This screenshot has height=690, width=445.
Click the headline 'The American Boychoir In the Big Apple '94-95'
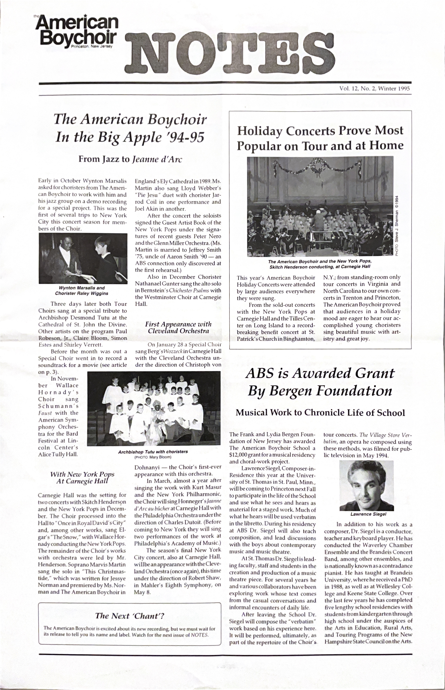pos(130,128)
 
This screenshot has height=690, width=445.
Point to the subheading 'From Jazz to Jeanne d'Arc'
pos(130,159)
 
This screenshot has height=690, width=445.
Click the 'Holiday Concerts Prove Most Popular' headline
pos(320,138)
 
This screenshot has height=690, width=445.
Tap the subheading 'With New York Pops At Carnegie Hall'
pos(82,477)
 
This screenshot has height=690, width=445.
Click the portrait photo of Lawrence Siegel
pos(366,485)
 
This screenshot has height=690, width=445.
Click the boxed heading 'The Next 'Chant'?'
pos(130,616)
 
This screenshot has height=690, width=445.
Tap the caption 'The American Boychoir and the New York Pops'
pos(320,261)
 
